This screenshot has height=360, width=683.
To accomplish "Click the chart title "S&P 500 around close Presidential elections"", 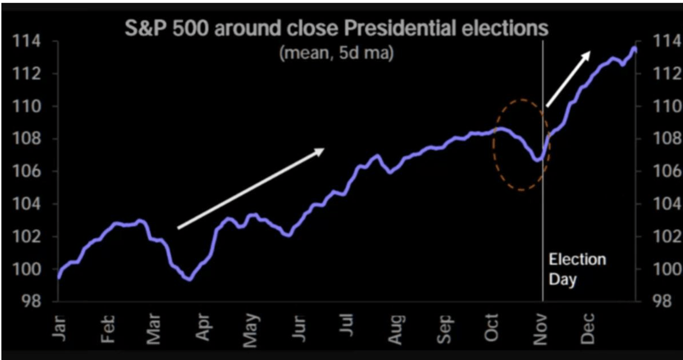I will pos(336,29).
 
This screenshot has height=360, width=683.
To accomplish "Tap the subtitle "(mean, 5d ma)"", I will pos(337,53).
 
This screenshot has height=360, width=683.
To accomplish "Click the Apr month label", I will pos(203,327).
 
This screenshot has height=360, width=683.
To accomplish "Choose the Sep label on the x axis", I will pos(444,327).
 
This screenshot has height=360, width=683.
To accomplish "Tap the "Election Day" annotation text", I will pos(577,269).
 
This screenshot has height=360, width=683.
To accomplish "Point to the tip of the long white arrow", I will pos(324,148).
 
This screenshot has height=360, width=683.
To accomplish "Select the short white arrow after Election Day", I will pos(568,79).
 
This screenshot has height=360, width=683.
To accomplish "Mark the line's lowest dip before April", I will pos(190,279).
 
